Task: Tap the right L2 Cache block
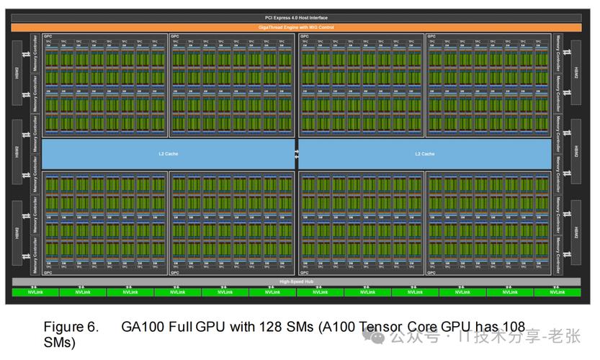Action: point(424,153)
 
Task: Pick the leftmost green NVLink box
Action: point(35,292)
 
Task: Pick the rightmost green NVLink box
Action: point(557,292)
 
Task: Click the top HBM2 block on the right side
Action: point(576,73)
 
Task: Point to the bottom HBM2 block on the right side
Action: point(576,233)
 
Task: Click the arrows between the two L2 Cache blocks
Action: point(296,153)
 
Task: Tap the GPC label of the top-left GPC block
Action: point(48,35)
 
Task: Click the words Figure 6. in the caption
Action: point(71,327)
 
